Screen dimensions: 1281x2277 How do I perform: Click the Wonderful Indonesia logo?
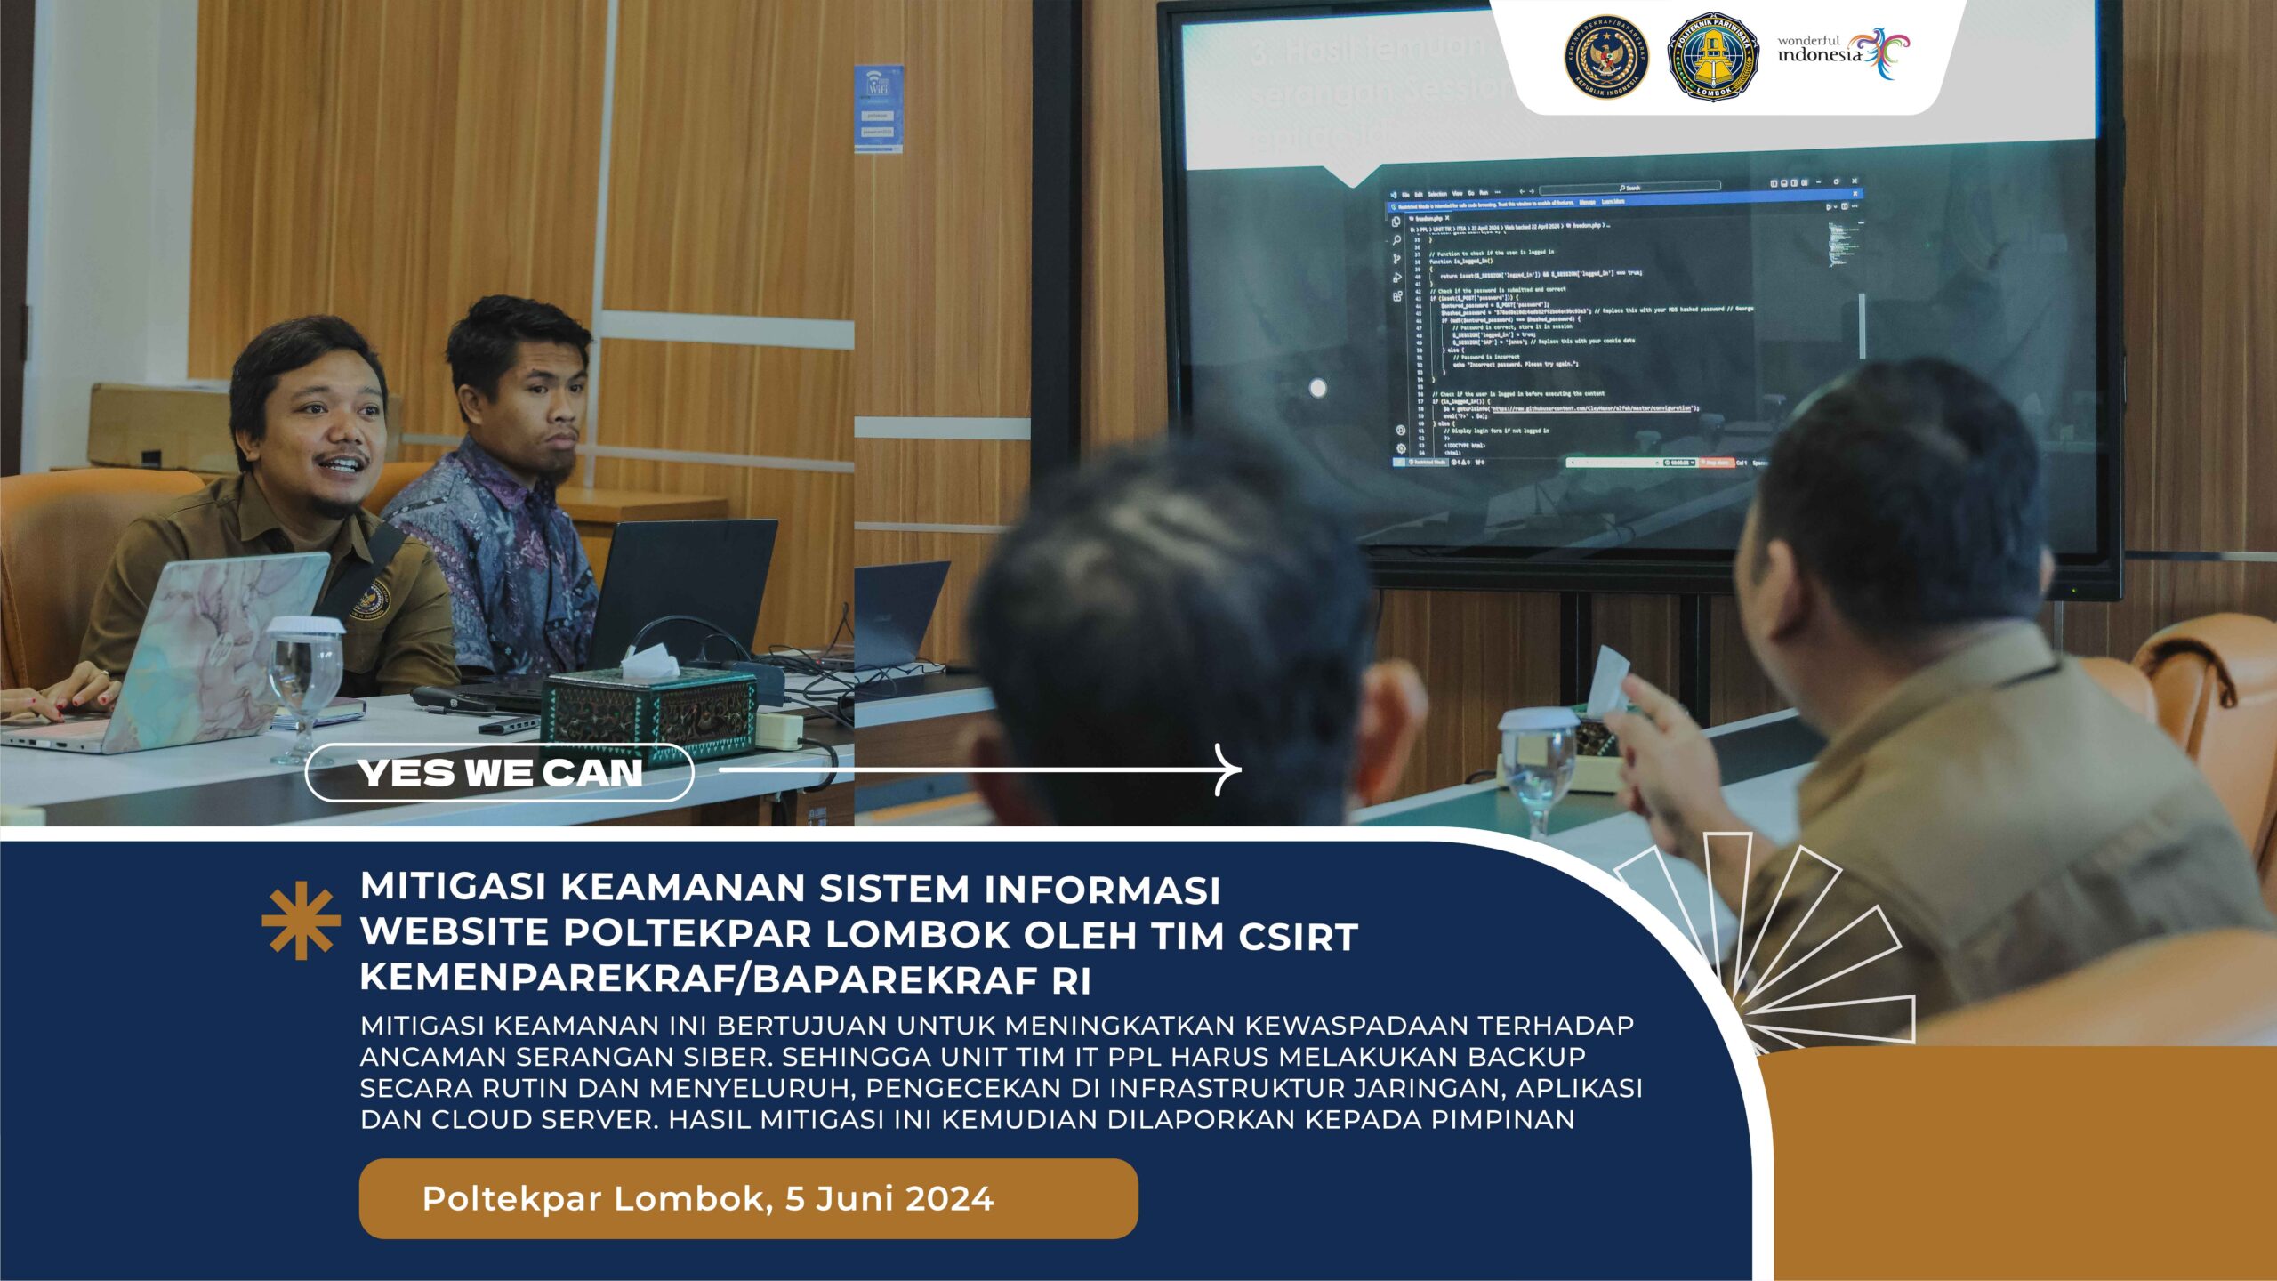(1843, 53)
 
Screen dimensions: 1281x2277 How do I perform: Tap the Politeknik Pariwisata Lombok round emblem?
(1712, 56)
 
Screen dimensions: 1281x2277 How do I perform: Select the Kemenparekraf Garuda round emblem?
(1606, 57)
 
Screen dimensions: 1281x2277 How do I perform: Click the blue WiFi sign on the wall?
(878, 108)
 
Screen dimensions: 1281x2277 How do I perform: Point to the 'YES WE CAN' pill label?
(499, 772)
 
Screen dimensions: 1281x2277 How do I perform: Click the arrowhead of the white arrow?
(1232, 769)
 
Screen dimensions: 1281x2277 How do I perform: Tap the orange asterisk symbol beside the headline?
(301, 920)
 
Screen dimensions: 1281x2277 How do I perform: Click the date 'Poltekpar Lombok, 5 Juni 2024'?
(707, 1198)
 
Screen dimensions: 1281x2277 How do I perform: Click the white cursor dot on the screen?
(1318, 388)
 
